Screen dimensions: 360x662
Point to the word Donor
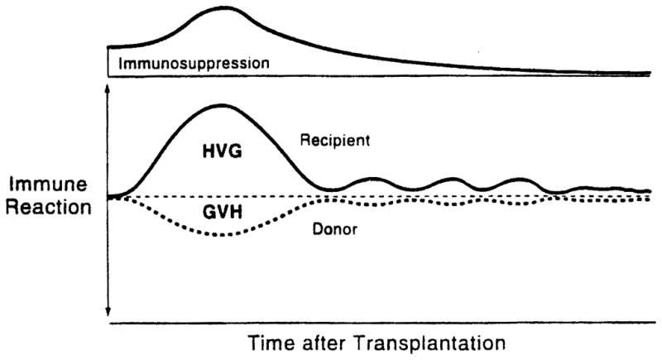335,229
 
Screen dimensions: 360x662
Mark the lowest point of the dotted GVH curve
219,235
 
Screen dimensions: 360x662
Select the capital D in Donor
318,229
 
